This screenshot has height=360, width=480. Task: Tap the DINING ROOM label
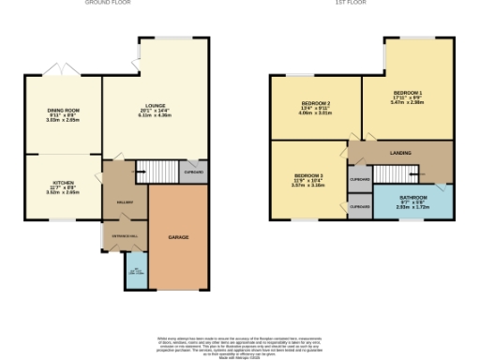pos(64,111)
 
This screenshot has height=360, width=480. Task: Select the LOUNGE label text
pos(158,82)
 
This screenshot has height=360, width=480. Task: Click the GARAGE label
pos(178,237)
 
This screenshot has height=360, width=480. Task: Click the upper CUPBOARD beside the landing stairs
pos(359,178)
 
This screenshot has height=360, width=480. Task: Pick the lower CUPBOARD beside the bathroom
pos(359,205)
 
